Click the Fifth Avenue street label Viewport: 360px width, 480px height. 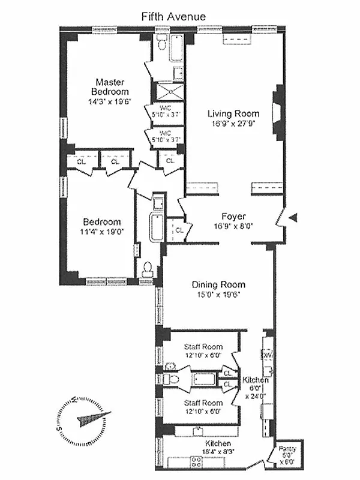pos(173,17)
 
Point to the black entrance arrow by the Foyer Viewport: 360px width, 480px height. pos(292,219)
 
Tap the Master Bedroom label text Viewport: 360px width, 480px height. pos(110,87)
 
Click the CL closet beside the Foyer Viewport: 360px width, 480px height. pos(179,229)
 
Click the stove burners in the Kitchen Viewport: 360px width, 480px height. pos(196,462)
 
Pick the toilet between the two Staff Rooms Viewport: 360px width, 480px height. pos(172,379)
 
